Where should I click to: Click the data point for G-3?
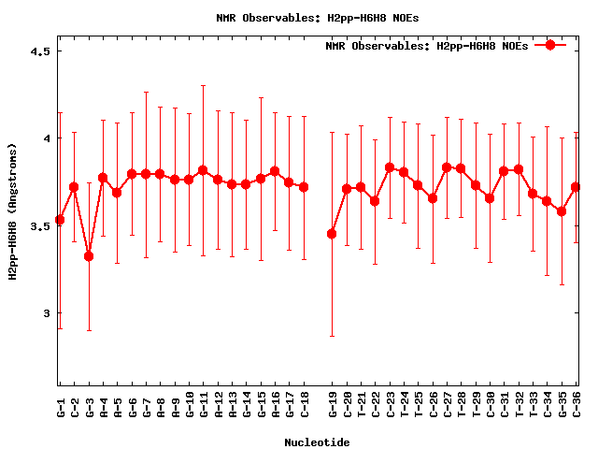click(89, 256)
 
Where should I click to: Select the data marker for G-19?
click(332, 234)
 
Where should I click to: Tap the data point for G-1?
click(60, 220)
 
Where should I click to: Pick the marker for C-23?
click(390, 167)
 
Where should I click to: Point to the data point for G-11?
click(203, 170)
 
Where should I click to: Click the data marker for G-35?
click(562, 211)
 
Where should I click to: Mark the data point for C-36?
click(576, 187)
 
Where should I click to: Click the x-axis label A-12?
click(218, 410)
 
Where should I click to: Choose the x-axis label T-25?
click(419, 410)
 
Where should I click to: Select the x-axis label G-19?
click(333, 410)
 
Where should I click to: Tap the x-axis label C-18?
click(304, 410)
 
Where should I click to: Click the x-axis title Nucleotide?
click(318, 442)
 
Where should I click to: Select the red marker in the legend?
click(550, 45)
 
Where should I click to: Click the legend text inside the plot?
click(427, 46)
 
